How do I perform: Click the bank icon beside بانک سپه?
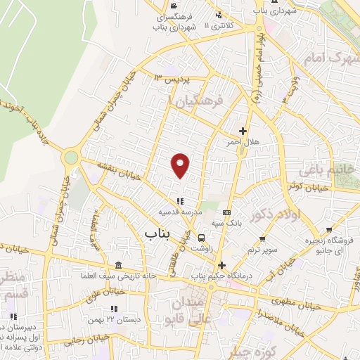pos(226,212)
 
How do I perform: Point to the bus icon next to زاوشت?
pos(202,238)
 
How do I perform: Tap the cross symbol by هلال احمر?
pos(243,131)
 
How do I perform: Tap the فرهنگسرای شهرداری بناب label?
pos(175,21)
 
